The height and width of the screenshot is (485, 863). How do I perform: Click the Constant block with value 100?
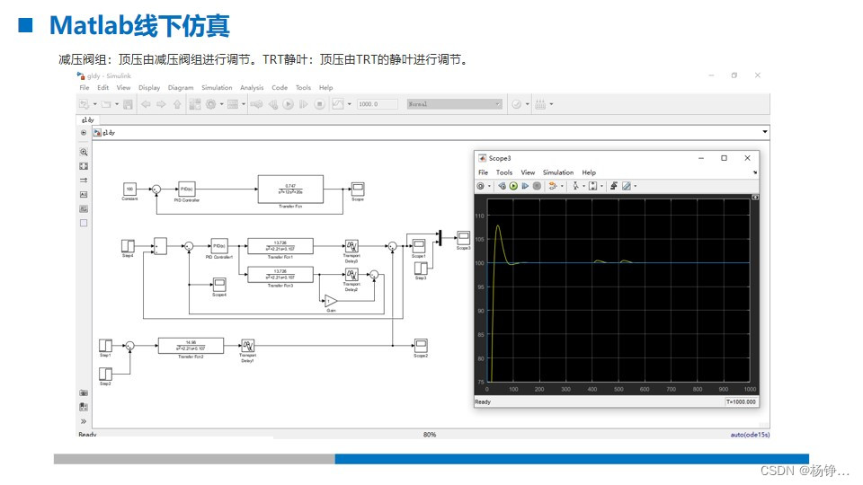(129, 189)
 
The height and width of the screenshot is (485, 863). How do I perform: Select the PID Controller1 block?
(219, 245)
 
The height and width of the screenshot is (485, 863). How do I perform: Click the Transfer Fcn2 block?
(191, 345)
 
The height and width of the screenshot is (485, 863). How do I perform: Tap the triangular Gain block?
(330, 300)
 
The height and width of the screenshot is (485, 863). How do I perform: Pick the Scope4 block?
(219, 285)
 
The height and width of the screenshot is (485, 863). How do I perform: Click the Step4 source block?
(128, 245)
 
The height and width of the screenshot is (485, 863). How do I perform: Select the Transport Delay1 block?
(247, 346)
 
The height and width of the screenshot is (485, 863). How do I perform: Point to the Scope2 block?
(420, 345)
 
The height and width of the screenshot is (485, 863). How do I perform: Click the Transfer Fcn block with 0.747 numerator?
(289, 189)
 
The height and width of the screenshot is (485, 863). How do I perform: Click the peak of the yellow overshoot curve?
(498, 225)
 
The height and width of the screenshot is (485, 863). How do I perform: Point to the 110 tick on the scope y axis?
(479, 216)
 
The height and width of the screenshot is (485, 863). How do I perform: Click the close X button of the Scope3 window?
(747, 158)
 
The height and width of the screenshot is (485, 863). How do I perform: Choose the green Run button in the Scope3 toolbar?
(513, 186)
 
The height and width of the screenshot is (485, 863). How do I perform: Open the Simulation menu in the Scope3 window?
(557, 172)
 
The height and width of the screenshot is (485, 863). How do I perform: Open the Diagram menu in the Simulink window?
(181, 88)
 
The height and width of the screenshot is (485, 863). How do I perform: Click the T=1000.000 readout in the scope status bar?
(740, 402)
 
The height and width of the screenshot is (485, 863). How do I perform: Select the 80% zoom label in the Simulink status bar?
(430, 435)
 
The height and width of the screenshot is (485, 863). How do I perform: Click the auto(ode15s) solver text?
(749, 435)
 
